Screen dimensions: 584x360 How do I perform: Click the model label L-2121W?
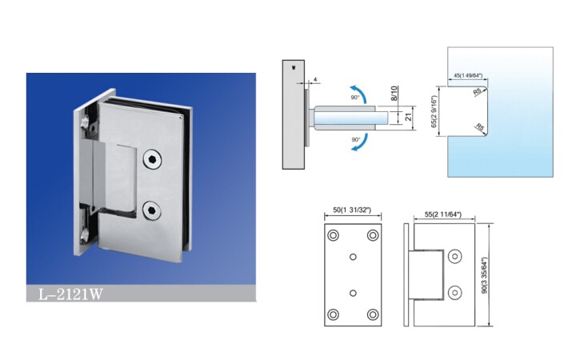70,294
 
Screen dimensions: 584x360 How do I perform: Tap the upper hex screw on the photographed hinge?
152,159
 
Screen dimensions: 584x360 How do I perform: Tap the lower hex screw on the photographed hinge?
152,210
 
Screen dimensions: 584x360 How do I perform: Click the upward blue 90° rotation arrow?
358,92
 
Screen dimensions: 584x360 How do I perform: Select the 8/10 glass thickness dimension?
394,93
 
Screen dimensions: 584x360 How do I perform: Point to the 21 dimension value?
409,117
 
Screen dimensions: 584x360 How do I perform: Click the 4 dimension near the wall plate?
315,79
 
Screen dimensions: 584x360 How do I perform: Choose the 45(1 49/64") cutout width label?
468,75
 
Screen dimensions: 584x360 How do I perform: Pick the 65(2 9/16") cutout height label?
434,111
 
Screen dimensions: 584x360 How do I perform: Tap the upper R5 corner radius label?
477,92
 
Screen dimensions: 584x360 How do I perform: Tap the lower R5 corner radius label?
480,127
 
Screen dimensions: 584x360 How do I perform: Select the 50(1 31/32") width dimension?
352,210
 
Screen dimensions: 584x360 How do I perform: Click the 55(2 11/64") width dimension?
443,214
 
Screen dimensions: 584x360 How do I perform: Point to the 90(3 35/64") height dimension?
484,274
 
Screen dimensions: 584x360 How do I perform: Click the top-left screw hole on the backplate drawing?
333,235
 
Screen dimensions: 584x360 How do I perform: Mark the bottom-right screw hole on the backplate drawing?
373,314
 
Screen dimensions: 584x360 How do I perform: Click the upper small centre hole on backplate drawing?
353,257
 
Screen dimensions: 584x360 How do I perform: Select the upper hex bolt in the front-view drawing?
454,257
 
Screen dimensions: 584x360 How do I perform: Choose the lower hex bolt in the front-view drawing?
454,293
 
